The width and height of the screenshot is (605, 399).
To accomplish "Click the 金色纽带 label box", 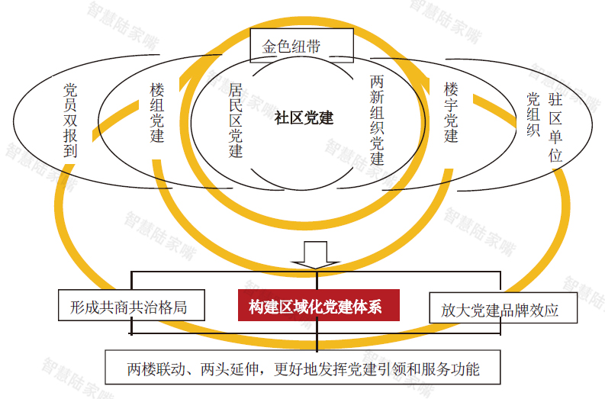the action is click(301, 45).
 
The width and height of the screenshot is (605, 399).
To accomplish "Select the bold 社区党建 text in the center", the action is click(304, 117).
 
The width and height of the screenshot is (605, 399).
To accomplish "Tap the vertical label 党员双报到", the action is click(70, 121).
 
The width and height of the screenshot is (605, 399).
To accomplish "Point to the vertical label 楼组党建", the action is click(157, 113).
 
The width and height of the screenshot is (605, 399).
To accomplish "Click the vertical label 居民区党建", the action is click(236, 121).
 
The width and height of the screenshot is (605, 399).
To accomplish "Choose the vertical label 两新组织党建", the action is click(377, 120).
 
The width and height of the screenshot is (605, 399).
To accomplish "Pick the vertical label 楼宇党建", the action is click(451, 112).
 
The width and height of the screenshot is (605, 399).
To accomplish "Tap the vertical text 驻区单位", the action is click(555, 127).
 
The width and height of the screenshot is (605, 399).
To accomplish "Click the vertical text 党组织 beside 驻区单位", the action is click(533, 114).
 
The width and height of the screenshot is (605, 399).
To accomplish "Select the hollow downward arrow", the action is click(316, 255).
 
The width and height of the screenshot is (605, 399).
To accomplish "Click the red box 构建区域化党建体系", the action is click(318, 305).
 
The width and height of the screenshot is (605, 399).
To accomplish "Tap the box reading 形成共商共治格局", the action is click(131, 305).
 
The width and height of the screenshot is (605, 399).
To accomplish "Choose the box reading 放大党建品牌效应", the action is click(503, 307).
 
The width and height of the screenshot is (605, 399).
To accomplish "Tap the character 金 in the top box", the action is click(269, 47).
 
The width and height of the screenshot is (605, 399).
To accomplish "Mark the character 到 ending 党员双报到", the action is click(70, 151).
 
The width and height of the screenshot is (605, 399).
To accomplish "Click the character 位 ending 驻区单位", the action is click(555, 156).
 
